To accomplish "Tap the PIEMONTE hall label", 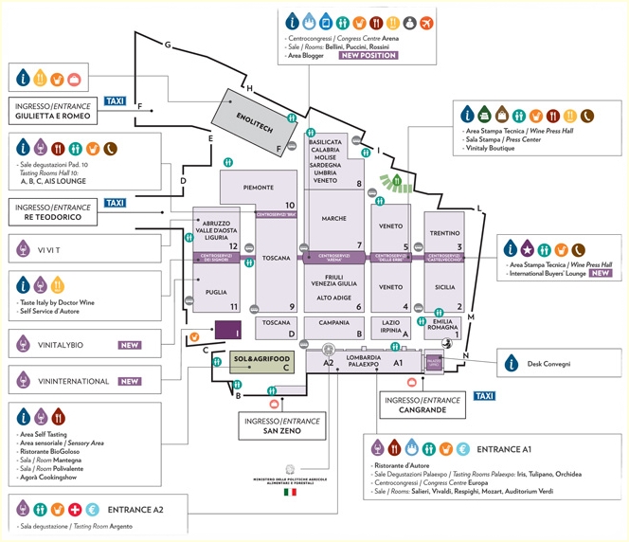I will [x=259, y=187].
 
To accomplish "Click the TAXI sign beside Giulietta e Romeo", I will [x=116, y=100].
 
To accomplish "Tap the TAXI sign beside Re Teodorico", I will [x=116, y=203].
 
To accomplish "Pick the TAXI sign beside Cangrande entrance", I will [x=483, y=395].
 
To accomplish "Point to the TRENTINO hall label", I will [x=444, y=232].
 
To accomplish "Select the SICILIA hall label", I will [x=444, y=286].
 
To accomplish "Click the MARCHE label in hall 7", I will [x=333, y=219].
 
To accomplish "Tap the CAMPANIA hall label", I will [x=334, y=322].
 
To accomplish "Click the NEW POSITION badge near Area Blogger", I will [x=368, y=55].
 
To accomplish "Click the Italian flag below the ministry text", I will [x=290, y=493].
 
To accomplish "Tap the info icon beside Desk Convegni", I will [x=512, y=361].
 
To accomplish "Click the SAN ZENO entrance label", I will [x=282, y=432].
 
